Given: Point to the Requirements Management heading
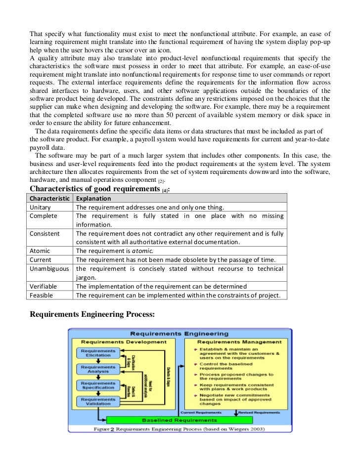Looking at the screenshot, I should click(239, 342).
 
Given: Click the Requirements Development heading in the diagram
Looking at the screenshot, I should click(124, 342).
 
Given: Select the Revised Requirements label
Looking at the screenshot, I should click(259, 412).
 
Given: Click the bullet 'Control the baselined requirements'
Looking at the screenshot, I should click(229, 366).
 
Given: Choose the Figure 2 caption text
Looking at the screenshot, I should click(179, 429).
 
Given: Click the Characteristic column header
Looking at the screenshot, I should click(50, 198).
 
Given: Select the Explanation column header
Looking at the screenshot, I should click(93, 198).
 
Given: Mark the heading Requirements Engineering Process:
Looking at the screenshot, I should click(92, 314).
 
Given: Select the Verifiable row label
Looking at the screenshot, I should click(43, 286).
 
